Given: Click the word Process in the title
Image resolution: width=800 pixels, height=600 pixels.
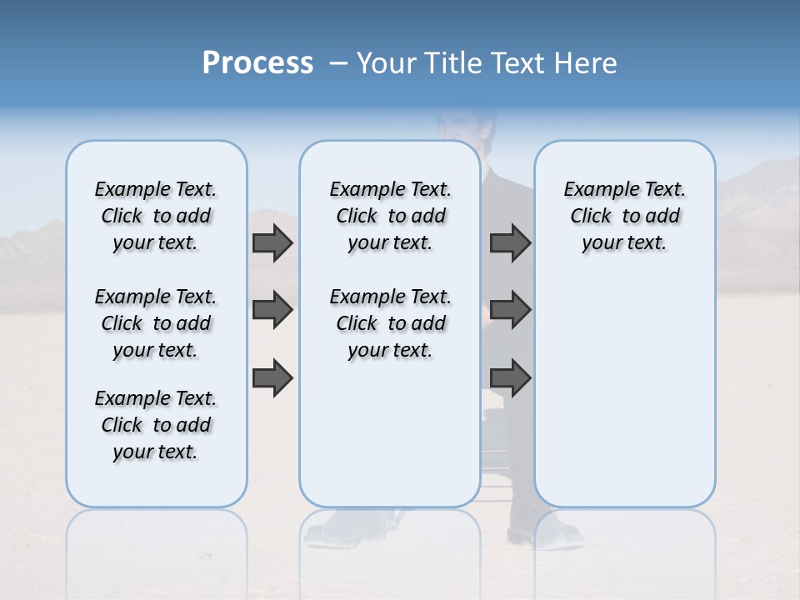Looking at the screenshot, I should click(x=257, y=63).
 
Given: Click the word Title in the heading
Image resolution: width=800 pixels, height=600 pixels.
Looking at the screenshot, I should click(x=454, y=63).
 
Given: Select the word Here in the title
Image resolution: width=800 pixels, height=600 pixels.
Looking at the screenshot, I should click(x=587, y=63).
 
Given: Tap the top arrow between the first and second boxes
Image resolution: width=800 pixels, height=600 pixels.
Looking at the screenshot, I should click(x=272, y=242).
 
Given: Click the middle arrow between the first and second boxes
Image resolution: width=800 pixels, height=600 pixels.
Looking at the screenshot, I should click(x=272, y=310).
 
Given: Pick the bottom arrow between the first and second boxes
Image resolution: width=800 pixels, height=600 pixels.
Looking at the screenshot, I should click(x=272, y=377).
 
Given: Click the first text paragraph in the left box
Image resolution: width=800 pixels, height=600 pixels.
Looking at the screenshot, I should click(x=156, y=216).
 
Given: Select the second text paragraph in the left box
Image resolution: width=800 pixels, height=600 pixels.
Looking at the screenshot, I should click(x=156, y=323).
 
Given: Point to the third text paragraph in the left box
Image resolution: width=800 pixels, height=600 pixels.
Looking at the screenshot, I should click(x=156, y=425).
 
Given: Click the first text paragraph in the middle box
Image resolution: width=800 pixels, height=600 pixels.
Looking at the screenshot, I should click(x=391, y=216).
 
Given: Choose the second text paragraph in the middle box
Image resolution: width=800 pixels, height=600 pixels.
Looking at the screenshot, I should click(x=391, y=323).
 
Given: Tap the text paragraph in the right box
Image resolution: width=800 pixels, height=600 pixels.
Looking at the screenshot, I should click(x=625, y=216).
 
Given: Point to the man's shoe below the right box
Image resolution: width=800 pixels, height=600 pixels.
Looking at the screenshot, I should click(x=546, y=530).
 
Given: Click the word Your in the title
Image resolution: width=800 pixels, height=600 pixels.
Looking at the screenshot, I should click(x=386, y=63).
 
